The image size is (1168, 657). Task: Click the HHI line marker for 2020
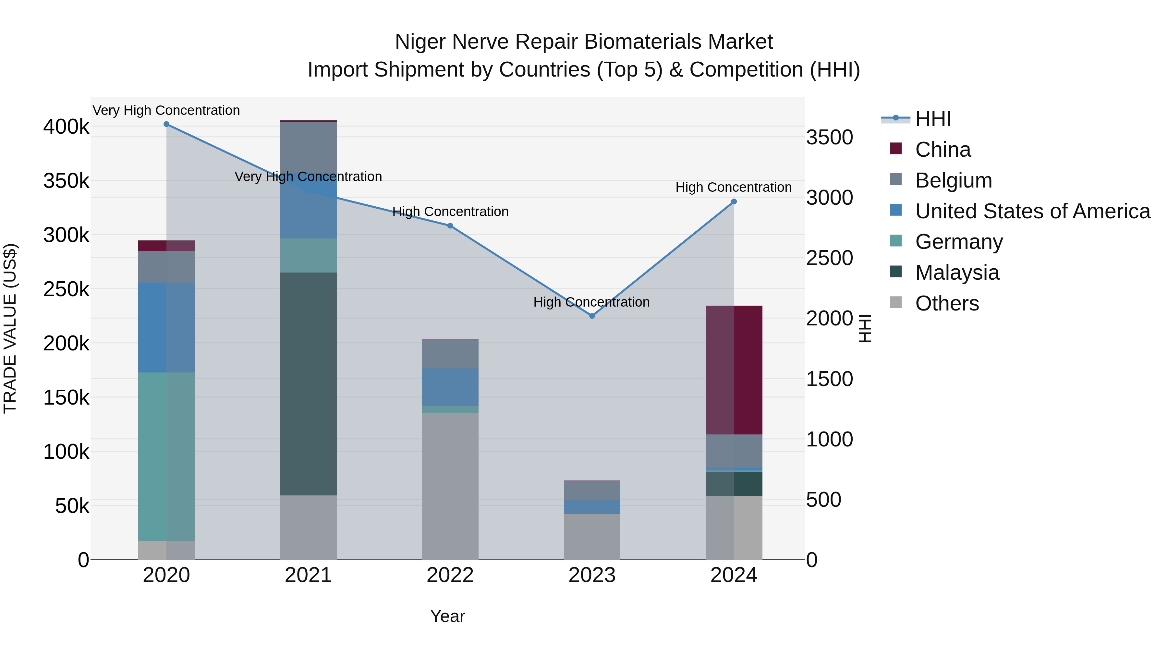pos(166,124)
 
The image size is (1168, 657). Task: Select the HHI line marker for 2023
pos(592,316)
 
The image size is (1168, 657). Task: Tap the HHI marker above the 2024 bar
pos(734,202)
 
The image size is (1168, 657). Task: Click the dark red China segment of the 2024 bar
pos(734,370)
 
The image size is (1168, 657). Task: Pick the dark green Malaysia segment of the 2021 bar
pos(308,383)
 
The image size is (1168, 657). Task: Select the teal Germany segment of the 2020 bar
pos(166,456)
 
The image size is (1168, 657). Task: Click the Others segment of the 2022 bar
pos(450,486)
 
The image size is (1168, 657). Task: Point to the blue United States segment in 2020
pos(166,327)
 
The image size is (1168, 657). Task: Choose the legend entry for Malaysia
pos(957,273)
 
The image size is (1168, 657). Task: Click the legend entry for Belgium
pos(953,180)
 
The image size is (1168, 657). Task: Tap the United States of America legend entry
pos(1032,211)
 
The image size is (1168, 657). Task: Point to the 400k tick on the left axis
pos(66,127)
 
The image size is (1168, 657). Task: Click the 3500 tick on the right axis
pos(829,137)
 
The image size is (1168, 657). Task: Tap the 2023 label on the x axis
pos(592,575)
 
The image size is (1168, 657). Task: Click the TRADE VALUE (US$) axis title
pos(10,328)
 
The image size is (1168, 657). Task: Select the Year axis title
pos(447,616)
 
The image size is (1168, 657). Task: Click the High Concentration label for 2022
pos(450,212)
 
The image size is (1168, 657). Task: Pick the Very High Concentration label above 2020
pos(166,111)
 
